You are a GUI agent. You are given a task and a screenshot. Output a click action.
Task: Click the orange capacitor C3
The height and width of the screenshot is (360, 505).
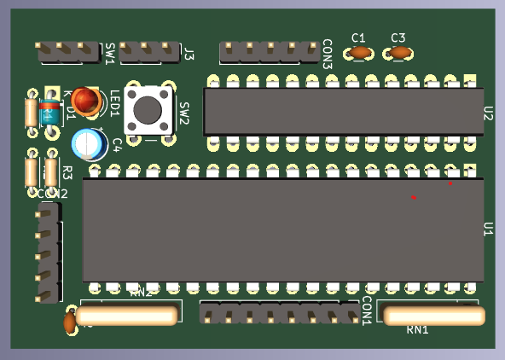tap(400, 53)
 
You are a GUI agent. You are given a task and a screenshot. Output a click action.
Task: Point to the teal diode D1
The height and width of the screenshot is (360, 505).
tap(51, 112)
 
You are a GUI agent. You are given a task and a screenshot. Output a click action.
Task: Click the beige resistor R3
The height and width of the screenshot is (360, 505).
tap(51, 172)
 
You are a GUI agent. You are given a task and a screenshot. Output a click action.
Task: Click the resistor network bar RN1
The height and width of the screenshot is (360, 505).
tap(434, 316)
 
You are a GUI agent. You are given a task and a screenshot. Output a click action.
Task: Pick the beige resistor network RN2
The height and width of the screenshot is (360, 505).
tap(126, 316)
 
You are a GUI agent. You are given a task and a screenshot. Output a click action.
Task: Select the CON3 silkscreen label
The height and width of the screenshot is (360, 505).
tap(327, 53)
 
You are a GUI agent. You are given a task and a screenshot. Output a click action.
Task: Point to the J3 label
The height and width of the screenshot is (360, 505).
tap(189, 55)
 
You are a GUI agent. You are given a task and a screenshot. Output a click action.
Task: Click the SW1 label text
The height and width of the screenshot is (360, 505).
tap(110, 54)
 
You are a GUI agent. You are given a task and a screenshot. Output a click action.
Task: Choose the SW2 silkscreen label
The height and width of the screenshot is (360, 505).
tap(183, 113)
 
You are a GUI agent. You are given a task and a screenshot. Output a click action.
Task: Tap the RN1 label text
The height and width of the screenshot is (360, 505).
tap(417, 330)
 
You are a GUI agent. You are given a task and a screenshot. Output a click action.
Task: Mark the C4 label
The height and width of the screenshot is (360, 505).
tap(117, 144)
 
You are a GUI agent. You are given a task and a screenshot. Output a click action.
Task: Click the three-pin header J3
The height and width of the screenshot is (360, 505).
tap(149, 52)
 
